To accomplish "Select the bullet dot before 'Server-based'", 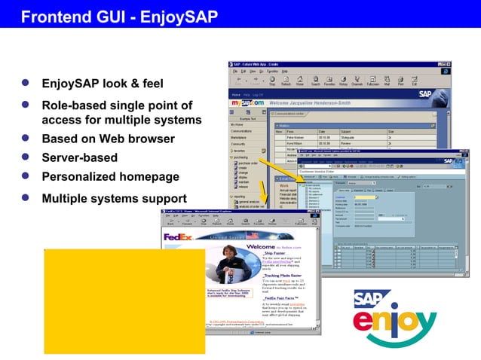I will tap(25, 158).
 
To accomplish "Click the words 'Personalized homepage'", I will tap(110, 177).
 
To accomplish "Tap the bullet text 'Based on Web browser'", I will tap(108, 139).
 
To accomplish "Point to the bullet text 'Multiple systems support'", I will tap(114, 199).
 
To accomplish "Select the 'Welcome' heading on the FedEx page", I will tap(261, 246).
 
